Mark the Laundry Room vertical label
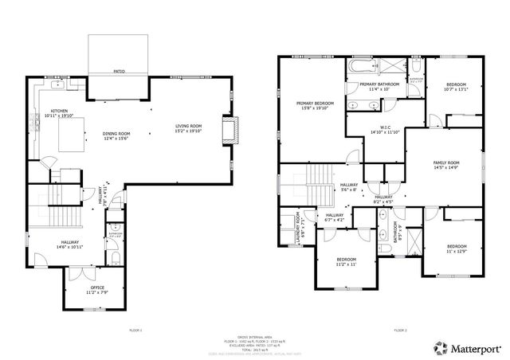tap(299, 227)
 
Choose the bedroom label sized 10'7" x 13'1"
tap(456, 87)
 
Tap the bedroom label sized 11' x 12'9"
tap(457, 248)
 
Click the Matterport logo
tap(466, 347)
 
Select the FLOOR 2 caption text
tap(400, 329)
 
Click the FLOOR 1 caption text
tap(135, 329)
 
